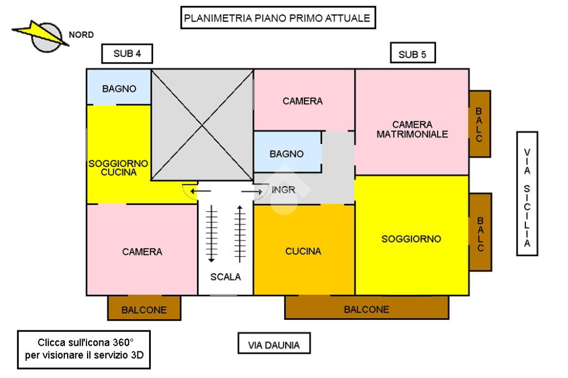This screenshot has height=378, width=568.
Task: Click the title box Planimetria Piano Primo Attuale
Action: pyautogui.click(x=277, y=18)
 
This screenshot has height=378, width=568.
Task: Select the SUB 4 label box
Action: pyautogui.click(x=127, y=54)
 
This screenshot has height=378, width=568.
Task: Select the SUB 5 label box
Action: pyautogui.click(x=413, y=54)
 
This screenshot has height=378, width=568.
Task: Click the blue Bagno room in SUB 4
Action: pyautogui.click(x=119, y=88)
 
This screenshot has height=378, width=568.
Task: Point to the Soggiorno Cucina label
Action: pyautogui.click(x=119, y=168)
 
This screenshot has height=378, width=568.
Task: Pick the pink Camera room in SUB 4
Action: pyautogui.click(x=142, y=251)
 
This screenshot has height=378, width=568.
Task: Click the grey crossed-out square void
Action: pyautogui.click(x=202, y=125)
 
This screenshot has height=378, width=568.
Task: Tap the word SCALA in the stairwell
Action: pyautogui.click(x=226, y=277)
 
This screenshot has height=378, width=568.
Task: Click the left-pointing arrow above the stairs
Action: pyautogui.click(x=200, y=191)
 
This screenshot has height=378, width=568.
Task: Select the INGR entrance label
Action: pyautogui.click(x=283, y=190)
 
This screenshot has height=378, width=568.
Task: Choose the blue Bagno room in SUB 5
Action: pyautogui.click(x=287, y=153)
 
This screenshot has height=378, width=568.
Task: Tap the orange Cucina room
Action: pyautogui.click(x=303, y=251)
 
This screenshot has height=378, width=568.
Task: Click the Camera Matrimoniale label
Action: pyautogui.click(x=412, y=129)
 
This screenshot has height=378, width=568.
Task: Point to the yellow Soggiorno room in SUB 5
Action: pyautogui.click(x=411, y=238)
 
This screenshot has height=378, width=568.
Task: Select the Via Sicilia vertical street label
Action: pyautogui.click(x=527, y=193)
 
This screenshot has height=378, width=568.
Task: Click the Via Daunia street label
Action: pyautogui.click(x=274, y=345)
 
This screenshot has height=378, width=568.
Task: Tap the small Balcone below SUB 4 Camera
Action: pyautogui.click(x=144, y=309)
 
